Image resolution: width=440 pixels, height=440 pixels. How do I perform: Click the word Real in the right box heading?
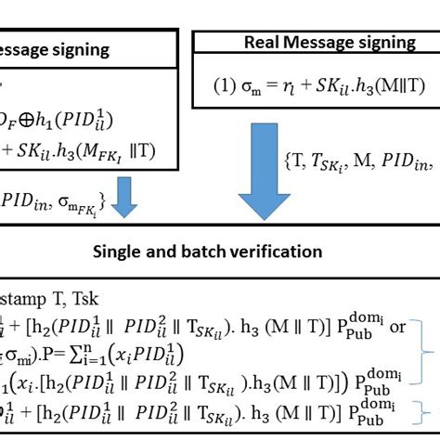pos(263,42)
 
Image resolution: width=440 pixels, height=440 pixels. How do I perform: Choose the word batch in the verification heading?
pos(214,251)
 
